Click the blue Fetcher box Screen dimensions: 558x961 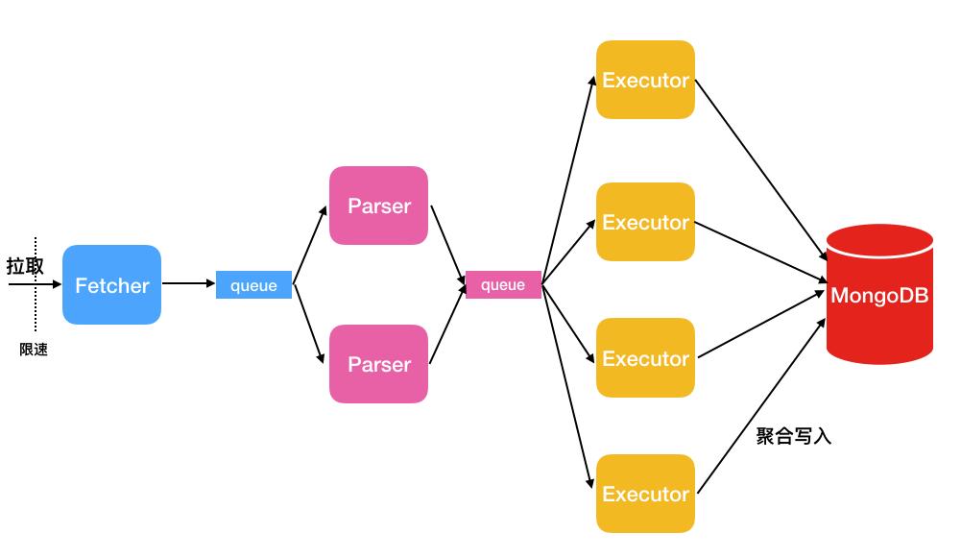pyautogui.click(x=111, y=285)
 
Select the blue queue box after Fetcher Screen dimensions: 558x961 pyautogui.click(x=253, y=285)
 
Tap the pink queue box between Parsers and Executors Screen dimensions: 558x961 pyautogui.click(x=503, y=285)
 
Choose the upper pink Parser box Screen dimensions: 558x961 pyautogui.click(x=378, y=206)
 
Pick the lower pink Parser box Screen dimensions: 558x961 pyautogui.click(x=378, y=364)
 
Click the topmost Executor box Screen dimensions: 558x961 pyautogui.click(x=645, y=80)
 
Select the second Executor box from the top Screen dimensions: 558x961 pyautogui.click(x=645, y=222)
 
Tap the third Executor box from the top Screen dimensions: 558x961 pyautogui.click(x=645, y=358)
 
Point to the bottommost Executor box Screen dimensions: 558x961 pyautogui.click(x=645, y=494)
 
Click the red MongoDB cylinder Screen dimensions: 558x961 pyautogui.click(x=879, y=295)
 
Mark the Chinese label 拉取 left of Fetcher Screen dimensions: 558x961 pyautogui.click(x=25, y=266)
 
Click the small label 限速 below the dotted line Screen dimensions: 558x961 pyautogui.click(x=34, y=351)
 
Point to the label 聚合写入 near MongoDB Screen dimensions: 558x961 pyautogui.click(x=793, y=437)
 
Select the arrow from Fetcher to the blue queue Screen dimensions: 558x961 pyautogui.click(x=188, y=283)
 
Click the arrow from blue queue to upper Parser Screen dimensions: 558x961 pyautogui.click(x=309, y=245)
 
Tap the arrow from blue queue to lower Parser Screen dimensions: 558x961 pyautogui.click(x=309, y=325)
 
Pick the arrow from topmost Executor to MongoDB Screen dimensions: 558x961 pyautogui.click(x=760, y=169)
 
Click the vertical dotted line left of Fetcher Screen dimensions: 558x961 pyautogui.click(x=36, y=307)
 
